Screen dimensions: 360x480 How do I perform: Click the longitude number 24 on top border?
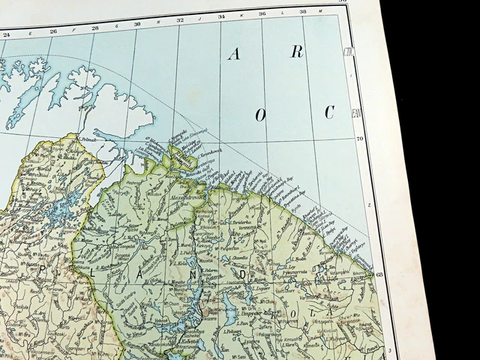(7, 34)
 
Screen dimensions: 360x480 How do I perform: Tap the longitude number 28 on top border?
(95, 28)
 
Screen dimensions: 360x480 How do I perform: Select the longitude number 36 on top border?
(262, 13)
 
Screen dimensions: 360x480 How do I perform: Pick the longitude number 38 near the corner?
(302, 11)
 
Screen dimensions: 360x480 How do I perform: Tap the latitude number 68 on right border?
(379, 274)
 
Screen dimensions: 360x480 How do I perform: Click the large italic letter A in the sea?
(235, 54)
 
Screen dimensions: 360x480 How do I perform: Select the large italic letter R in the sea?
(297, 51)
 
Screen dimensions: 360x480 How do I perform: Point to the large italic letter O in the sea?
(261, 115)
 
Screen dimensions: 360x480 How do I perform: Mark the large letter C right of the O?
(328, 112)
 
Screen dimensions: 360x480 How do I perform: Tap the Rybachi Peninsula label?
(184, 158)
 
